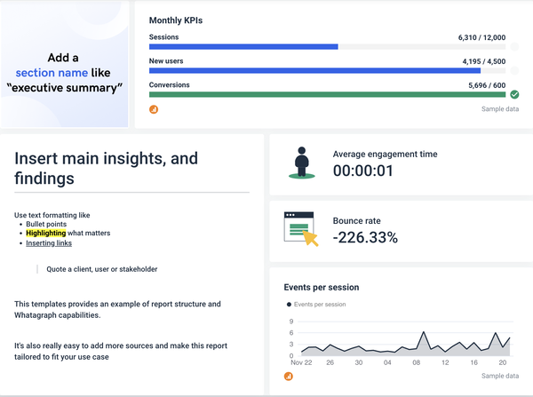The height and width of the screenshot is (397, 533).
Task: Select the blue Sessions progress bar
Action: click(x=243, y=46)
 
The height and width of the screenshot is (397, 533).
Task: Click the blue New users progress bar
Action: click(x=314, y=70)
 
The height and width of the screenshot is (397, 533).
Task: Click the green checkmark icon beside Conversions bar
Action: click(x=514, y=94)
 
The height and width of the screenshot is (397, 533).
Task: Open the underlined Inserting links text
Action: click(x=49, y=242)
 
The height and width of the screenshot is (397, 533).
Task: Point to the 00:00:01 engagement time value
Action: click(x=362, y=171)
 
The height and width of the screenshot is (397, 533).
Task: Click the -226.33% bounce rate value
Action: click(x=365, y=237)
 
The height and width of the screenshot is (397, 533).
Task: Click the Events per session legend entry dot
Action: click(x=289, y=305)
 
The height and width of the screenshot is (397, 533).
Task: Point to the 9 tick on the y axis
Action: click(x=290, y=322)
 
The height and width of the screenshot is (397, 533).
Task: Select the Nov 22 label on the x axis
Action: click(x=300, y=362)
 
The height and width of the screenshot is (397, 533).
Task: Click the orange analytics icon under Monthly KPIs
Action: click(x=154, y=109)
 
